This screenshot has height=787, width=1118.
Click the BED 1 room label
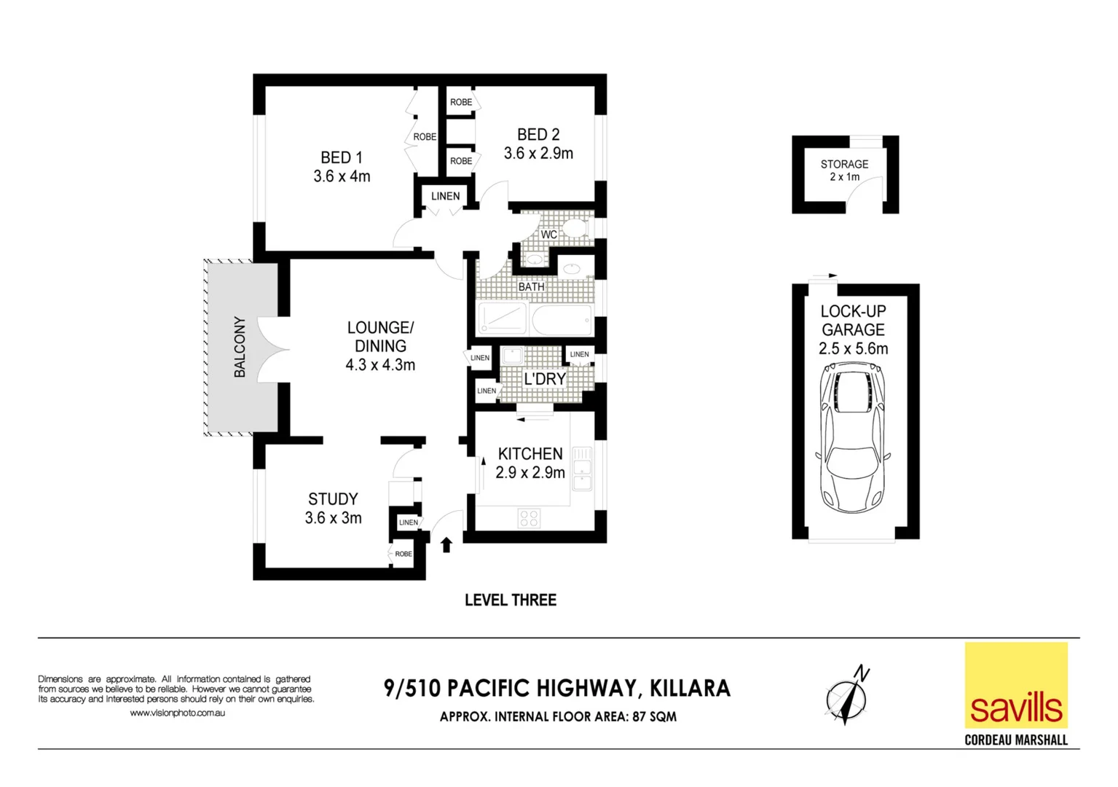(341, 157)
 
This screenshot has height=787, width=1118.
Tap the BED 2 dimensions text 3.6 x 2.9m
(538, 154)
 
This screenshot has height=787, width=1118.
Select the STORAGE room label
(844, 164)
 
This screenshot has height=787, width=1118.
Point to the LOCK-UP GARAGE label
(853, 321)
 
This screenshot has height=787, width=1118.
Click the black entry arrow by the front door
(446, 544)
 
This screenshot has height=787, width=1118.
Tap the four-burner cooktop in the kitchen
(530, 518)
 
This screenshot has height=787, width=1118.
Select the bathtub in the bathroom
(562, 320)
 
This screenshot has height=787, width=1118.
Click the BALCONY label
(240, 347)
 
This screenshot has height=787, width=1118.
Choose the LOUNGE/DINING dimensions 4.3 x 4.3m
(380, 365)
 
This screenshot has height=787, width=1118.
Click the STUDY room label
(333, 499)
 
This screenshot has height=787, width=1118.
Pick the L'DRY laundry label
(545, 379)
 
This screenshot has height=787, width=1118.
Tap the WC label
(548, 235)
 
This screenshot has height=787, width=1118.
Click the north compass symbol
(846, 696)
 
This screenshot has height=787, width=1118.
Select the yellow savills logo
(1016, 685)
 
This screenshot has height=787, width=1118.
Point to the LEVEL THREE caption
(511, 600)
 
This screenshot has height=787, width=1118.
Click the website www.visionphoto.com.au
(177, 713)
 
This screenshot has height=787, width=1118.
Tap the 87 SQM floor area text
(654, 717)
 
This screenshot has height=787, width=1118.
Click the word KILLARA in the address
(690, 689)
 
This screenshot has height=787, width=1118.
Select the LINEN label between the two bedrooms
(445, 196)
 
